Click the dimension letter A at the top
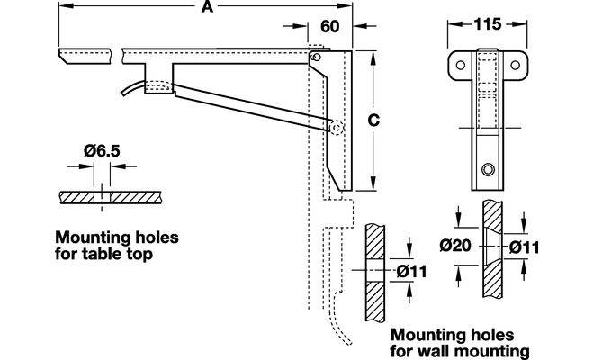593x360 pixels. coord(207,8)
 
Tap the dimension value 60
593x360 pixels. coord(329,26)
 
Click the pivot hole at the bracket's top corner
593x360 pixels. coord(315,58)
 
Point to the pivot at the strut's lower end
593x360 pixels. coord(337,130)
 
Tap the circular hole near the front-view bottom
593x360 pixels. coord(487,169)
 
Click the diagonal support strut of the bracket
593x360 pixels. coord(252,106)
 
